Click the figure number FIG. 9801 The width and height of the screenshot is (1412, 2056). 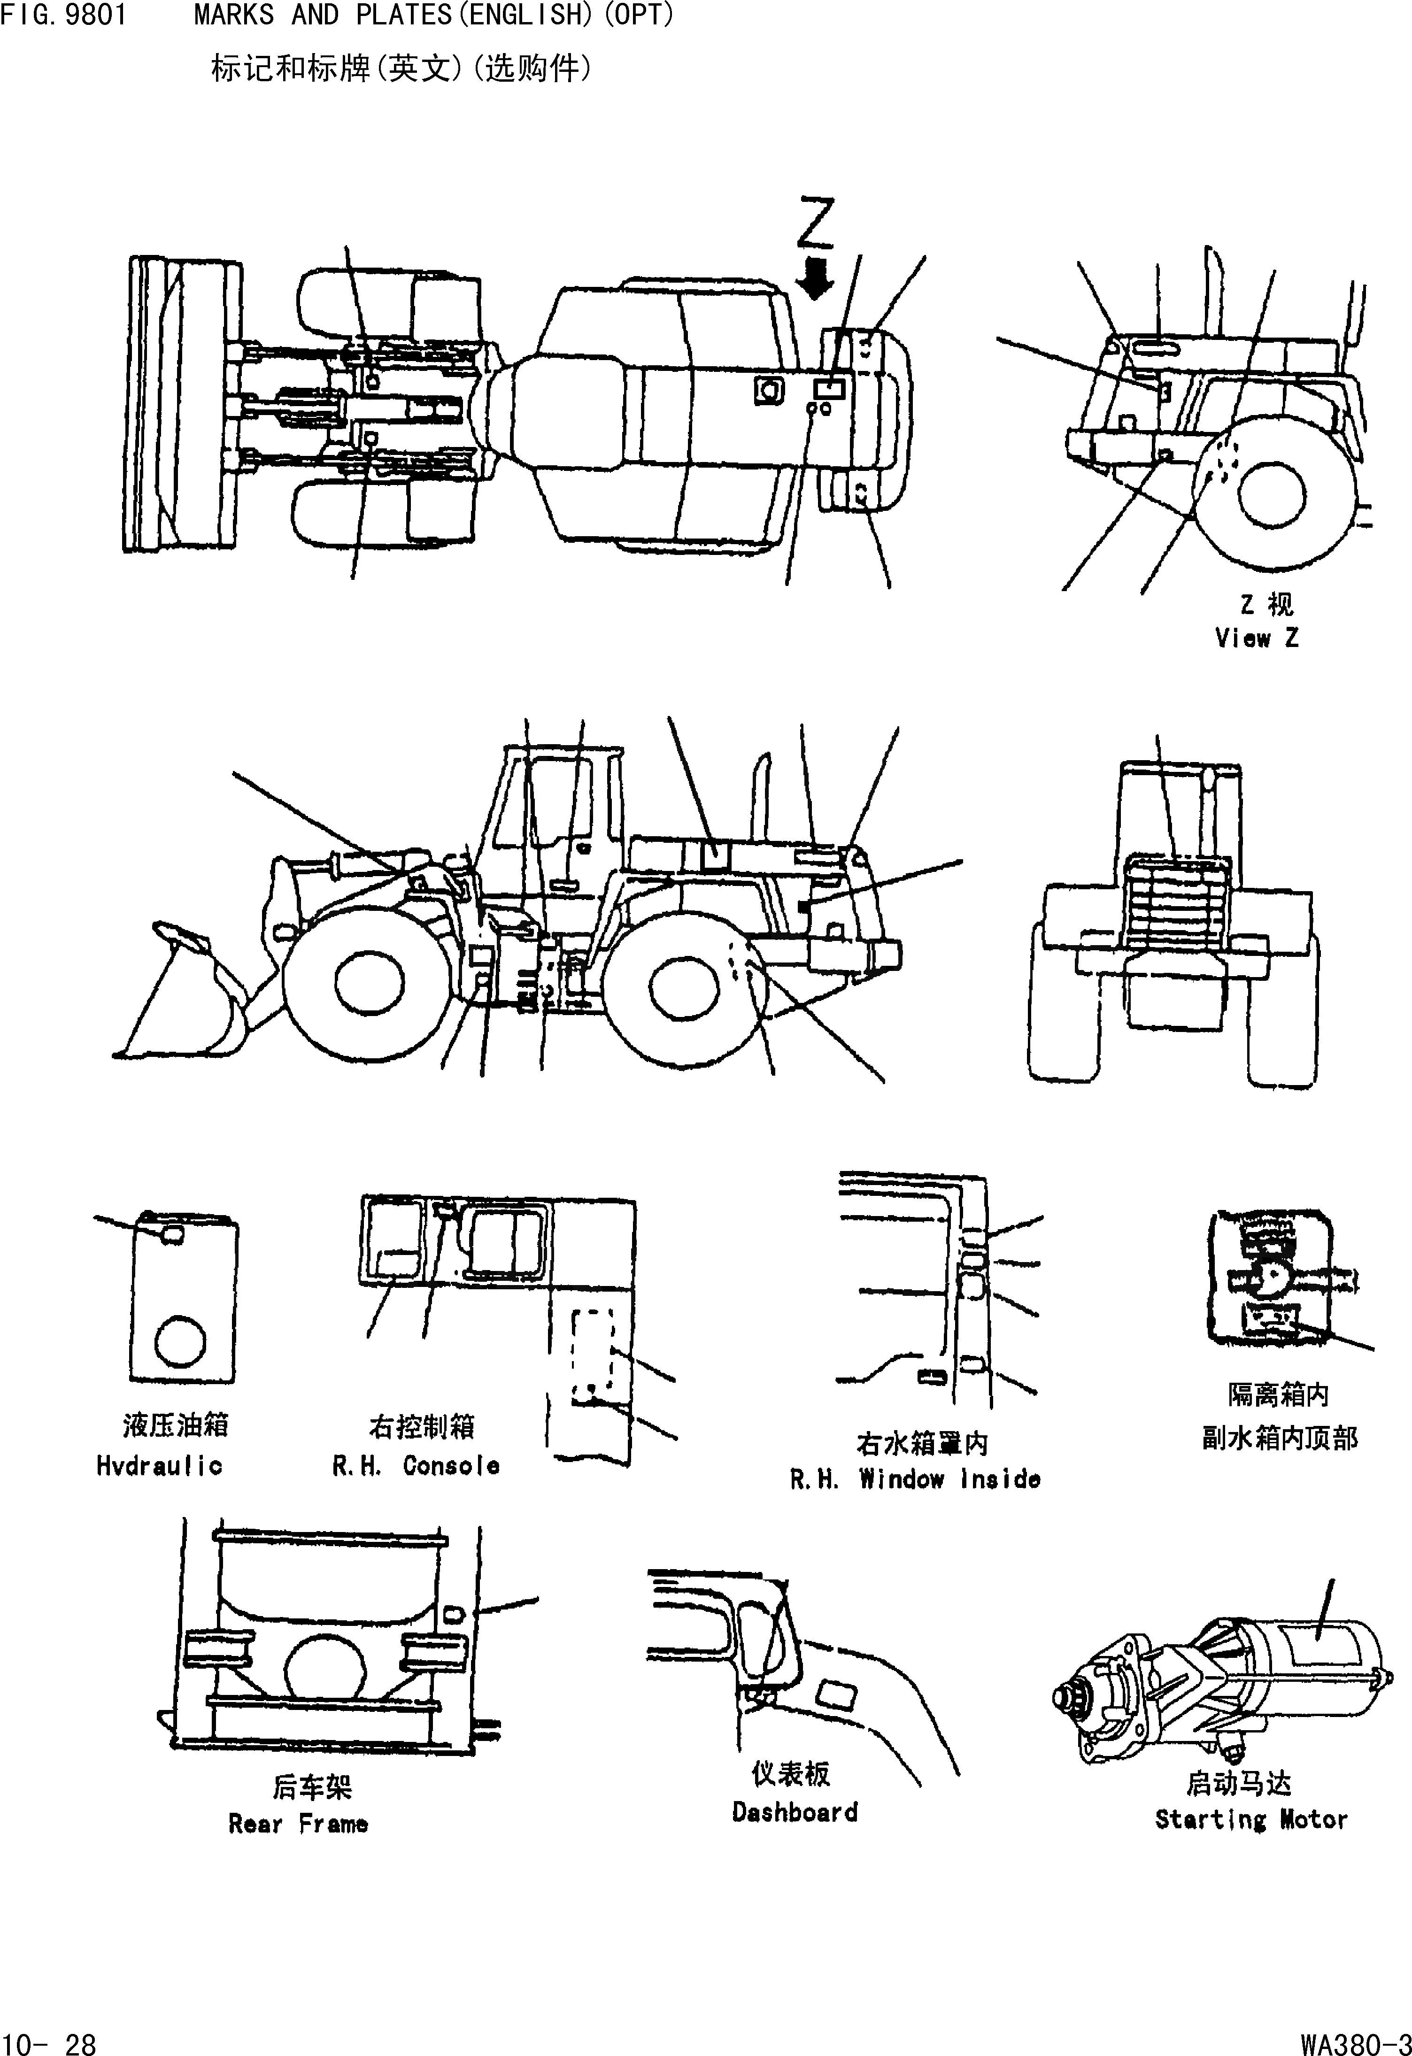64,16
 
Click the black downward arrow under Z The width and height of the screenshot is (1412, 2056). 815,279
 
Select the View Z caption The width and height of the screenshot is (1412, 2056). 1256,638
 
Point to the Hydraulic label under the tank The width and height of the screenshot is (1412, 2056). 159,1466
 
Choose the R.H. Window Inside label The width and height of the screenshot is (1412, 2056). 915,1479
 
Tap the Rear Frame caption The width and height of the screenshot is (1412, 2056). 298,1824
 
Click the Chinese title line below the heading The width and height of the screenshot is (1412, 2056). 401,68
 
